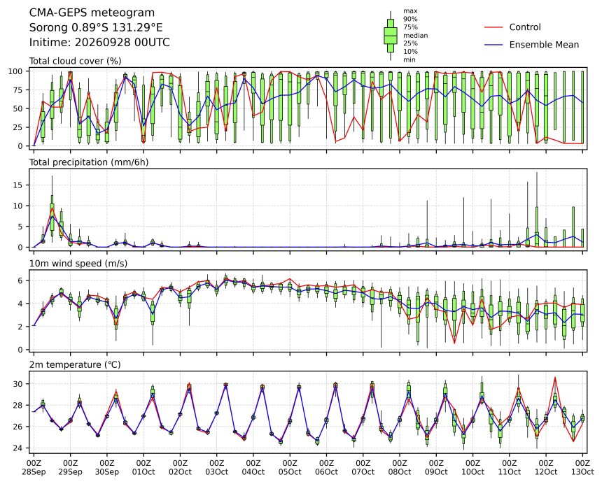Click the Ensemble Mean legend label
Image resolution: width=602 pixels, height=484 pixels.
point(544,45)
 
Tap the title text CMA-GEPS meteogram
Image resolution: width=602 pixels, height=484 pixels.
point(92,13)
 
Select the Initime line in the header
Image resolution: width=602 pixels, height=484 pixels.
point(99,42)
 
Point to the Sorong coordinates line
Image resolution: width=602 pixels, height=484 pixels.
point(96,27)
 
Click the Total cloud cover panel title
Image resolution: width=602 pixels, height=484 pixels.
point(76,61)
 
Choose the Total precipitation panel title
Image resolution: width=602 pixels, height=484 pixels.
point(89,162)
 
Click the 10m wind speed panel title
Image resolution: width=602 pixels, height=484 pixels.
point(78,264)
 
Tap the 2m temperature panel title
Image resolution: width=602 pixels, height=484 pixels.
point(76,364)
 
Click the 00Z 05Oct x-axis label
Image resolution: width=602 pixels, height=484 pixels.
point(290,467)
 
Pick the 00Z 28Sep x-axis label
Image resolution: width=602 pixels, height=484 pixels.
point(34,467)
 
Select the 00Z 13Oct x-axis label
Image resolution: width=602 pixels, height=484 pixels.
point(582,467)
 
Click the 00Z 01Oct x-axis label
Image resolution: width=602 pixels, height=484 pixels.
point(143,467)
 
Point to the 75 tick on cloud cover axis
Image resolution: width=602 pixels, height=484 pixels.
point(18,90)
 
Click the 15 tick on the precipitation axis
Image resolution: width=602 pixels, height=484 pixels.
point(18,185)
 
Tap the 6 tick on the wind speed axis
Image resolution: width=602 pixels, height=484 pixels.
point(21,280)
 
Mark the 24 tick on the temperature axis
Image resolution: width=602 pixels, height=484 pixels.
point(18,448)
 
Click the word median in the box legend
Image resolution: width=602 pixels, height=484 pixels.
point(415,35)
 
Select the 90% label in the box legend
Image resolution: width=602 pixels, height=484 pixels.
point(410,19)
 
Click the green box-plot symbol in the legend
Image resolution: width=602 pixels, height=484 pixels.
point(391,36)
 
